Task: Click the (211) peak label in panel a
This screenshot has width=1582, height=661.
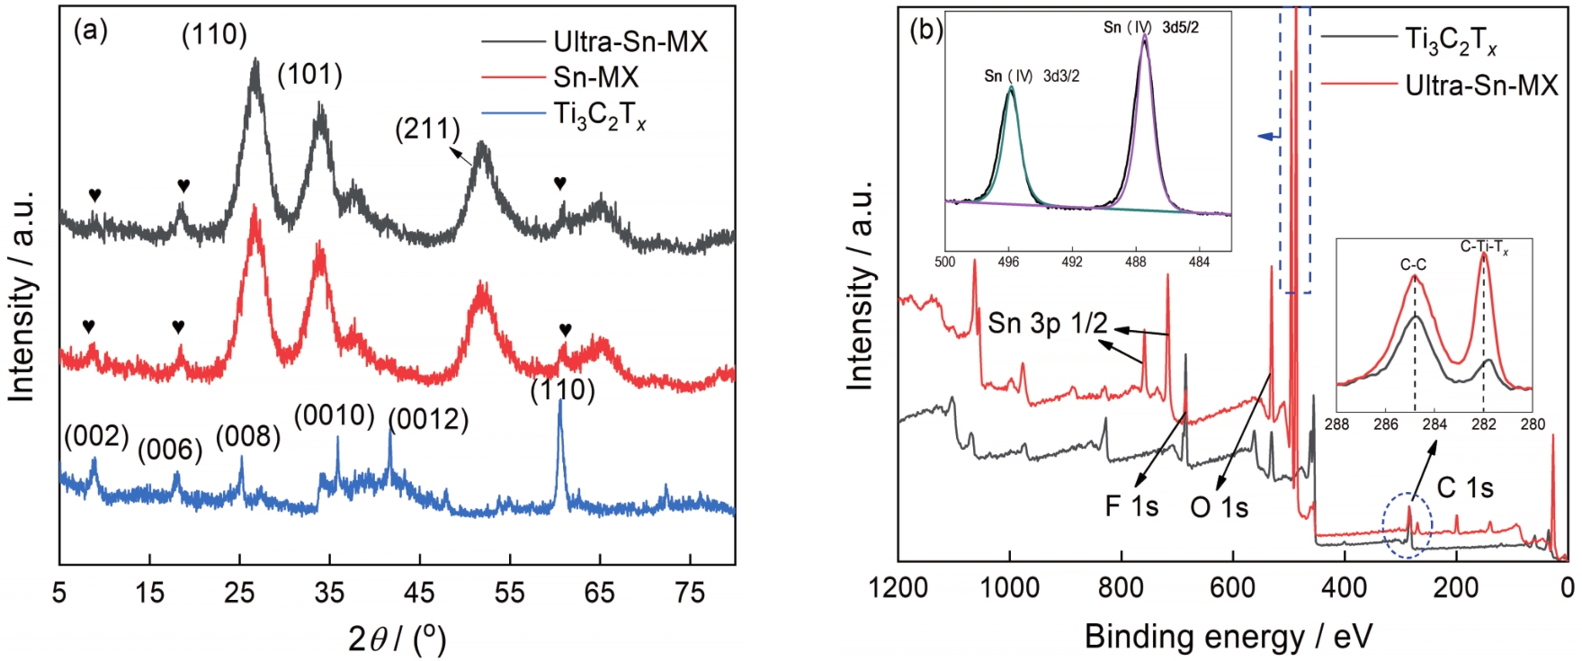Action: click(x=427, y=130)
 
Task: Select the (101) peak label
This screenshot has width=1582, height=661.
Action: click(x=309, y=75)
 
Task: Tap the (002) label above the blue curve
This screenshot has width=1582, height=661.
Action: click(x=96, y=436)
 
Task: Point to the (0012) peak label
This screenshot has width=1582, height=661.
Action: click(x=428, y=420)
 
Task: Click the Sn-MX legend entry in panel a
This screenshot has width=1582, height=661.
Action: click(x=595, y=77)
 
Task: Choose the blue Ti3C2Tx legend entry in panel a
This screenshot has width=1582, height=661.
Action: click(x=599, y=116)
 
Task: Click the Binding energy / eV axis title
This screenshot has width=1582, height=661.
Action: click(x=1228, y=636)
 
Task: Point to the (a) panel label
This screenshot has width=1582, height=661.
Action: click(x=90, y=31)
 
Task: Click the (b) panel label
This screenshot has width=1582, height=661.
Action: click(x=926, y=31)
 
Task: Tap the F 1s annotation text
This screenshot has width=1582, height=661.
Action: click(x=1131, y=506)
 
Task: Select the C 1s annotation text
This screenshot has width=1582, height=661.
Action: click(x=1465, y=488)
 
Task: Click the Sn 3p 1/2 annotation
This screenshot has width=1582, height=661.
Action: click(x=1047, y=323)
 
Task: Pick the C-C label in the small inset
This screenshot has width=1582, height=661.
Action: click(x=1413, y=264)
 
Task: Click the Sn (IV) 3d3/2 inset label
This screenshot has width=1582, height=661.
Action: click(x=1032, y=76)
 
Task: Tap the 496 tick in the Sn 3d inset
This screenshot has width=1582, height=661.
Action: click(x=1008, y=263)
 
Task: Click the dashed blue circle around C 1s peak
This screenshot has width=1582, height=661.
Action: click(x=1408, y=526)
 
